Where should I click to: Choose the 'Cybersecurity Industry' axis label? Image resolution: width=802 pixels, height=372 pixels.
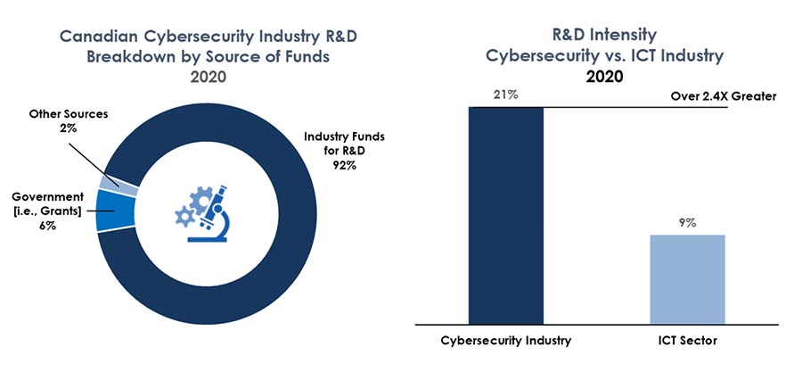click(505, 342)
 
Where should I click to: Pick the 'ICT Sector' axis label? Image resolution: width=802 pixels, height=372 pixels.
click(687, 342)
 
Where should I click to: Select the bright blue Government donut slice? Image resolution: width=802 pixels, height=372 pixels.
click(117, 211)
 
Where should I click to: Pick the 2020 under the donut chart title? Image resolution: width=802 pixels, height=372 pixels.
click(207, 76)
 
